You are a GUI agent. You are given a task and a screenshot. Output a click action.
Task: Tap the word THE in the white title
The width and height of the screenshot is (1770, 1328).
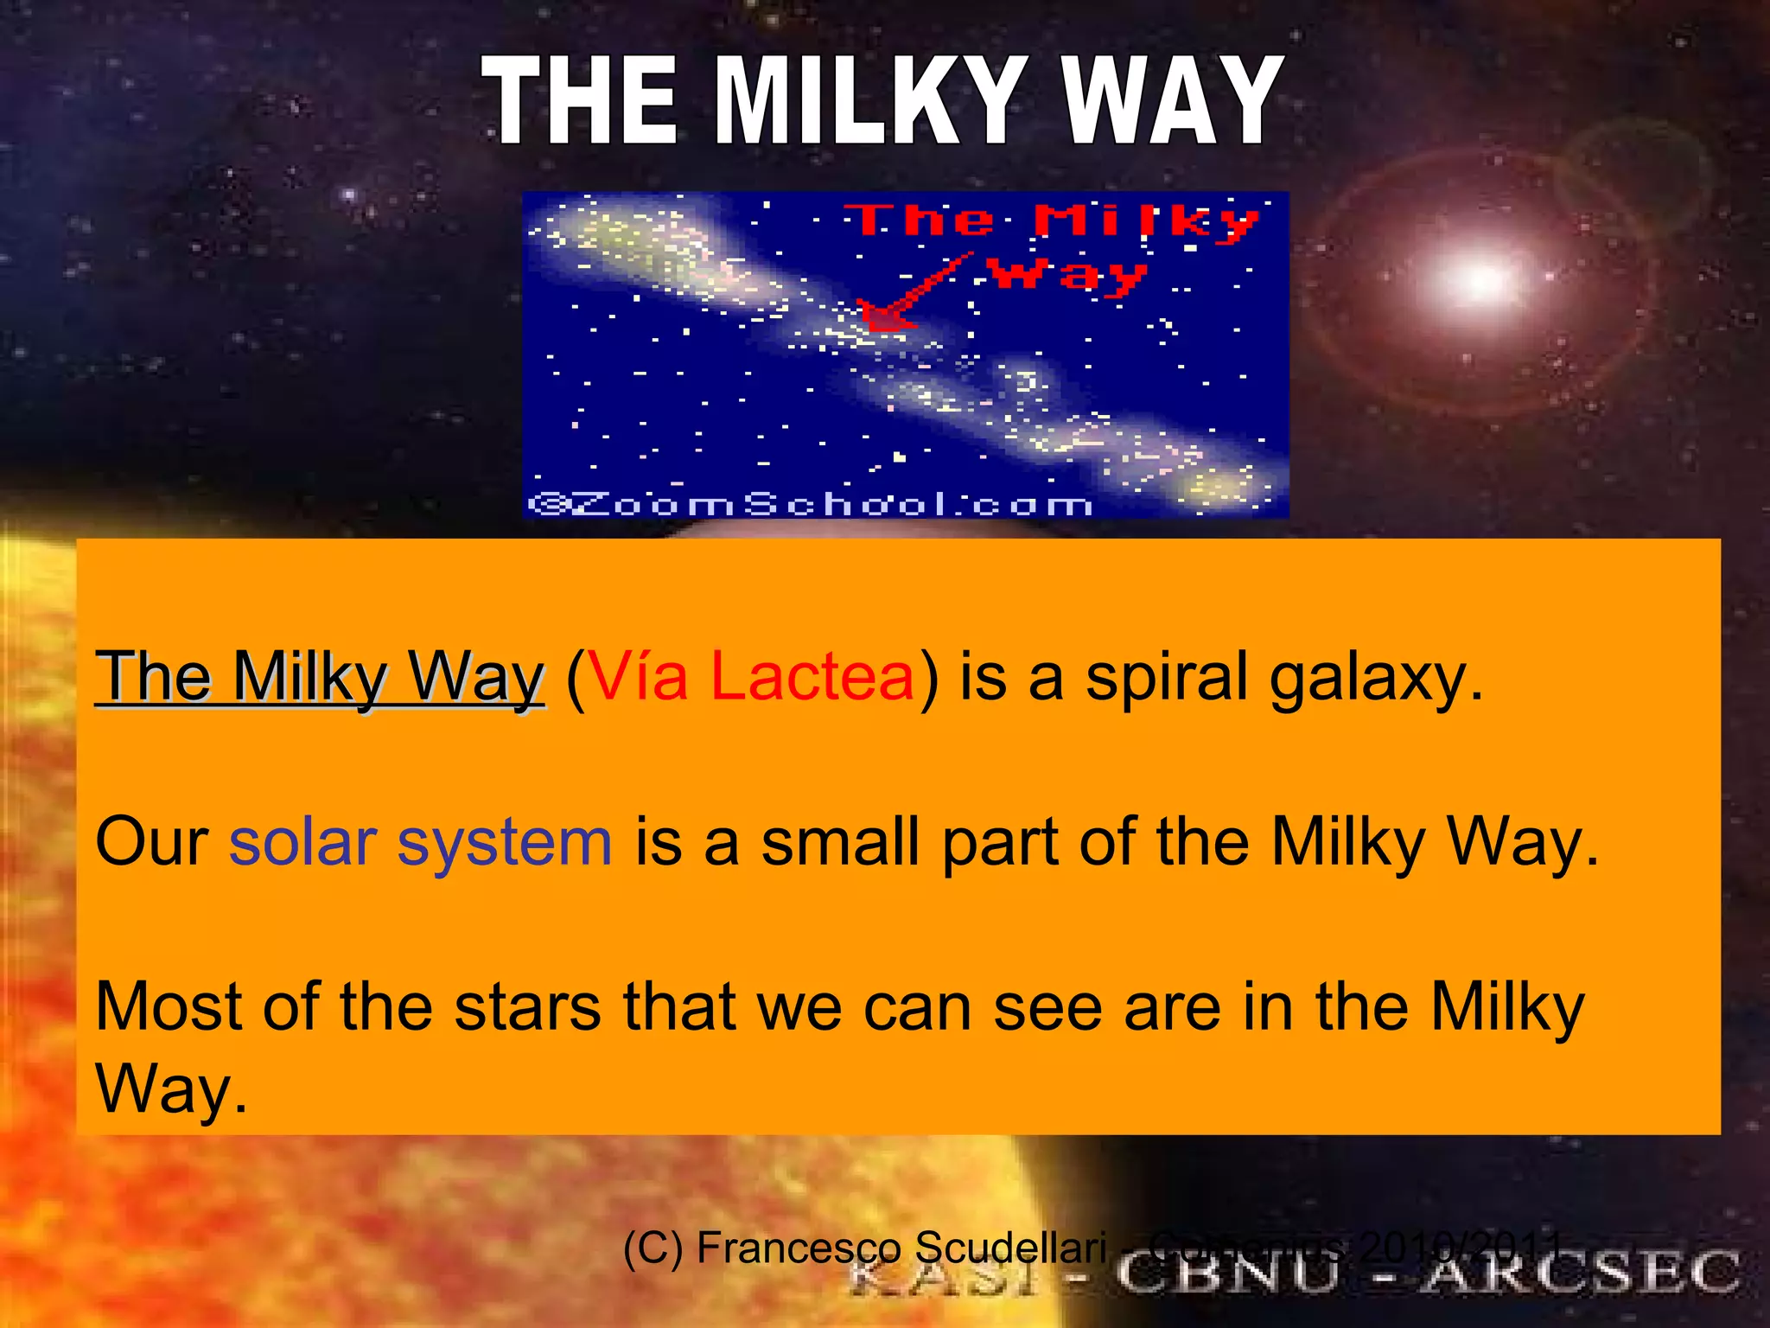pos(580,100)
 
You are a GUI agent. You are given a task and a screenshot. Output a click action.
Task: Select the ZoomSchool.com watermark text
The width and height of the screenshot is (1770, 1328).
pos(810,503)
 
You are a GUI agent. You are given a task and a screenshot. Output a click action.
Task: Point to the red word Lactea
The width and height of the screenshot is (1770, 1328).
pos(812,676)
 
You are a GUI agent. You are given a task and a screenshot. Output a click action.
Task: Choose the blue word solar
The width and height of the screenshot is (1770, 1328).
pos(302,842)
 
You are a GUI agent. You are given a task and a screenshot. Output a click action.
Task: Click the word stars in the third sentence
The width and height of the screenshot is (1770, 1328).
pos(527,1008)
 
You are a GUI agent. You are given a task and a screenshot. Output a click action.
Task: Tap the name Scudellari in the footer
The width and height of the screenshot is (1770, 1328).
pos(1010,1248)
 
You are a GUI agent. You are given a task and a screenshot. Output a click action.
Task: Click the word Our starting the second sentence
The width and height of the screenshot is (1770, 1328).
pos(152,842)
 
